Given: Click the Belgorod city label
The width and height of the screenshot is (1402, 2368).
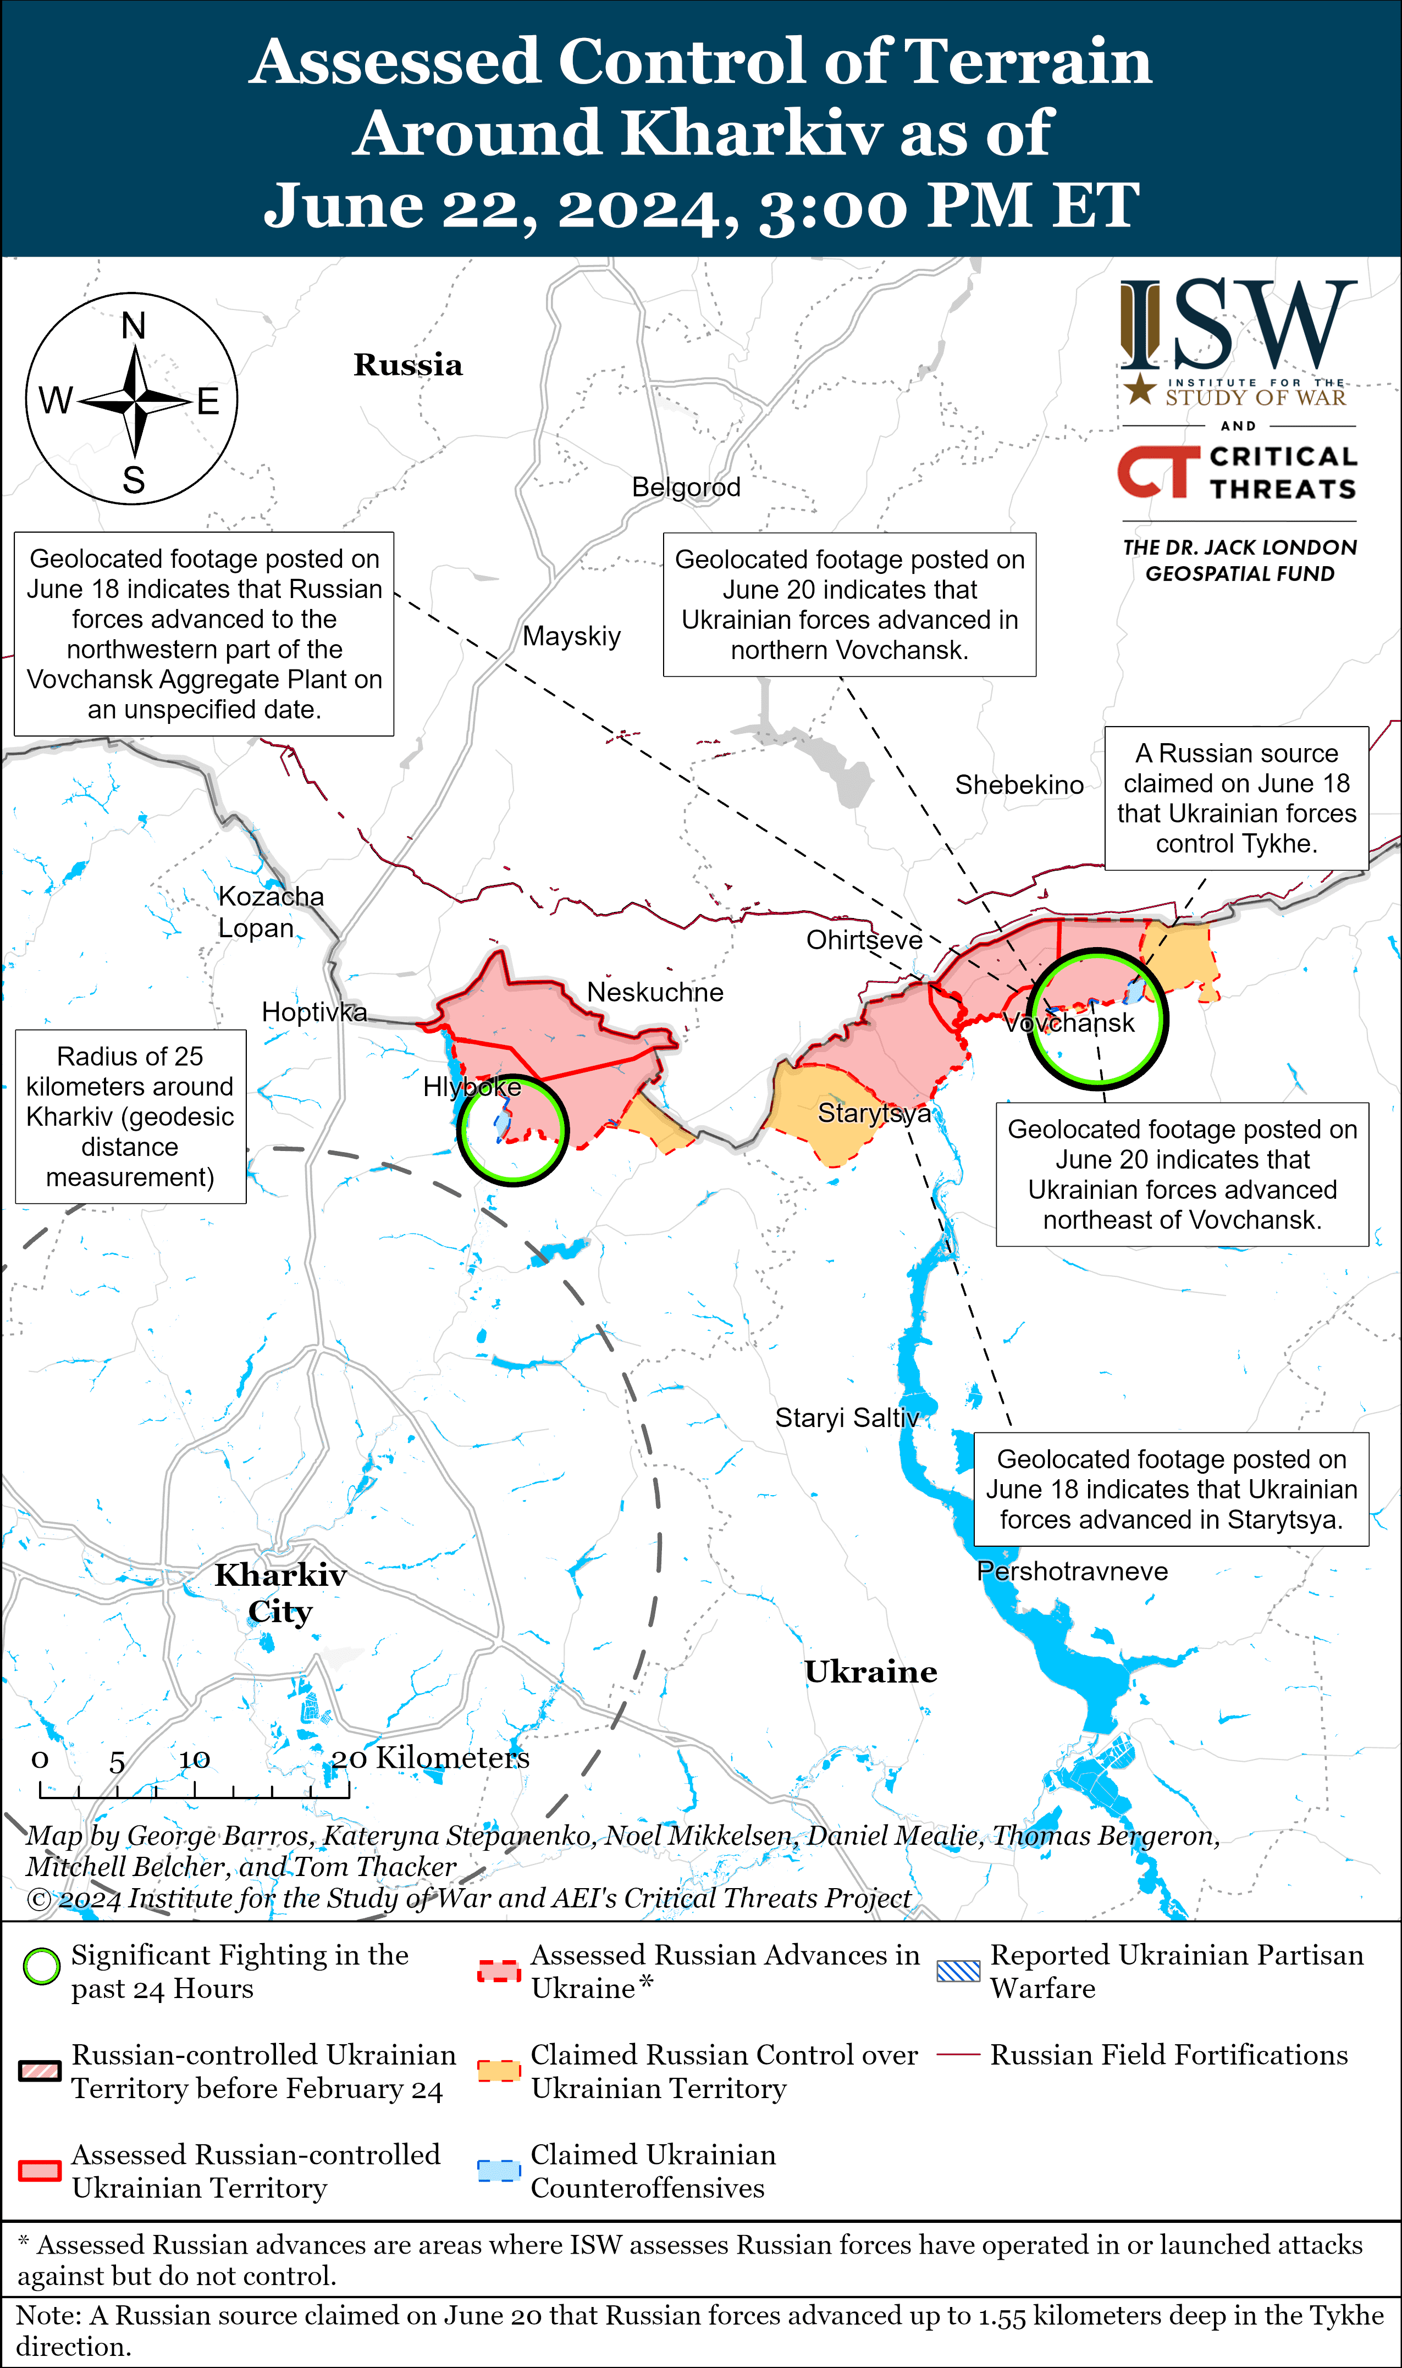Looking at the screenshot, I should (x=686, y=488).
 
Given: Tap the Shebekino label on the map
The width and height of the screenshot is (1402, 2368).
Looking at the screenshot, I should (x=1018, y=785).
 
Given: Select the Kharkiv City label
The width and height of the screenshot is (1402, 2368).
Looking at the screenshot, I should (x=280, y=1592).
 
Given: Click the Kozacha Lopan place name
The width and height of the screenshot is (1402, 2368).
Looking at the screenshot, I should (x=270, y=911).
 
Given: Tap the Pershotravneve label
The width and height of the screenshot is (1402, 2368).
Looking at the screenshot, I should (x=1072, y=1571).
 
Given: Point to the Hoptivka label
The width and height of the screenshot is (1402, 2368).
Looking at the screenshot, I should (x=313, y=1013).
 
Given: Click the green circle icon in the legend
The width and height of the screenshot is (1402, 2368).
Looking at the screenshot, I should (x=42, y=1967).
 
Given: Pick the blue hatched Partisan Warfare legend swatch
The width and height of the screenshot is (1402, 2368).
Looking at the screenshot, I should (x=958, y=1971).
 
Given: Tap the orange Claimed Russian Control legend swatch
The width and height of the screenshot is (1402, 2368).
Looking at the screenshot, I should (x=499, y=2071).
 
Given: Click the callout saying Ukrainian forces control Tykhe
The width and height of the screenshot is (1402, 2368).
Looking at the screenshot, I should (x=1236, y=798).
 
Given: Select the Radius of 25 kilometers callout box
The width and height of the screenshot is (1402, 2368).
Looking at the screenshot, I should (x=130, y=1116).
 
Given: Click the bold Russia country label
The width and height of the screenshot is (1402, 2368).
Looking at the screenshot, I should (x=408, y=366).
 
